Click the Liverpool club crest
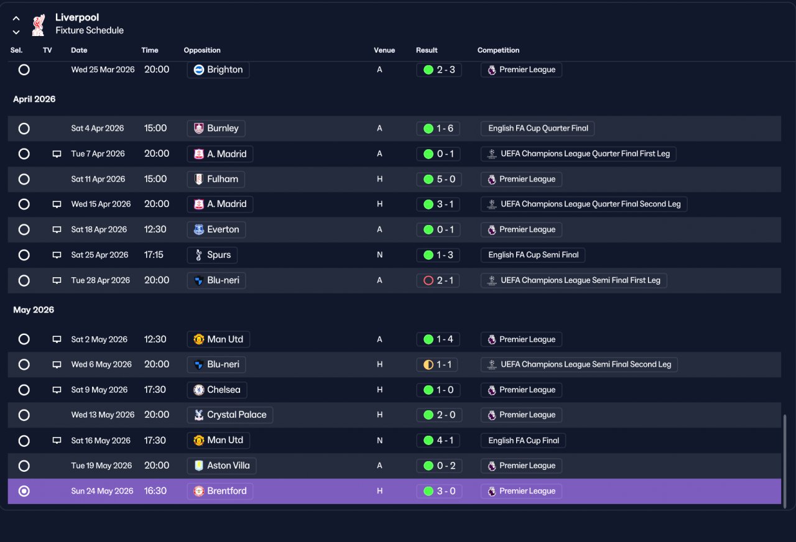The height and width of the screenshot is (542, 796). coord(39,25)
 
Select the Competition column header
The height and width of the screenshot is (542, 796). coord(498,50)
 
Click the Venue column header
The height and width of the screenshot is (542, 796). coord(384,50)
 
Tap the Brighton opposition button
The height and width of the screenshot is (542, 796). coord(218,70)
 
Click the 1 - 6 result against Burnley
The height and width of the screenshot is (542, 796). coord(438,128)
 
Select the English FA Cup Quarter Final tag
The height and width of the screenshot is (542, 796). coord(538,128)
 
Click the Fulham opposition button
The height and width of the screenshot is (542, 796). coord(216,179)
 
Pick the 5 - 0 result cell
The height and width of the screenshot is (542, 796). coord(439,179)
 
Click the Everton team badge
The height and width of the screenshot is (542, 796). coord(198,229)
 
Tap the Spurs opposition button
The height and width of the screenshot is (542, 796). coord(212,255)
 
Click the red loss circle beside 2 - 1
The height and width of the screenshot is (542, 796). coord(428,280)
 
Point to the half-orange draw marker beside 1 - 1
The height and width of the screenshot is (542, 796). coord(428,365)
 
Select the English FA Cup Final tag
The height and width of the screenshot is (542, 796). coord(524,441)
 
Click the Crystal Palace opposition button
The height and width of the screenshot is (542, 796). coord(230,415)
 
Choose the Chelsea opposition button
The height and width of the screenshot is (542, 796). coord(217,390)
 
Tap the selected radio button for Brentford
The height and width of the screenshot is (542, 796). coord(24,491)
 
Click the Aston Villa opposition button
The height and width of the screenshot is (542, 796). coord(222,466)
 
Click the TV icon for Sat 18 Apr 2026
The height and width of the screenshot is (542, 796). coord(57,229)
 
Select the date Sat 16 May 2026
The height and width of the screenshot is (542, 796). coord(101,441)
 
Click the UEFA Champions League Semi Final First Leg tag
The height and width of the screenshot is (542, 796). coord(574,280)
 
